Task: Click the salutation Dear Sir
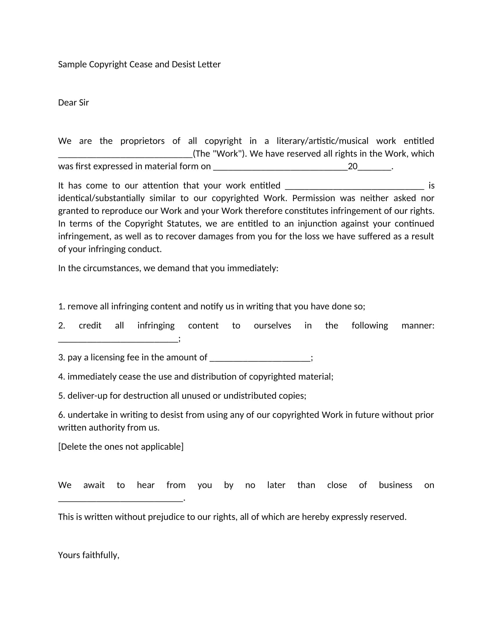(73, 103)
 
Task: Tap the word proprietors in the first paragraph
(142, 141)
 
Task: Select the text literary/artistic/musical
(322, 141)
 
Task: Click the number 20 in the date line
(353, 166)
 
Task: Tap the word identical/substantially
(101, 198)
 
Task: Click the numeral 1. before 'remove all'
(61, 307)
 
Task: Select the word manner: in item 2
(418, 325)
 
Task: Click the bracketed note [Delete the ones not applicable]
(121, 447)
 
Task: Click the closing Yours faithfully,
(88, 555)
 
